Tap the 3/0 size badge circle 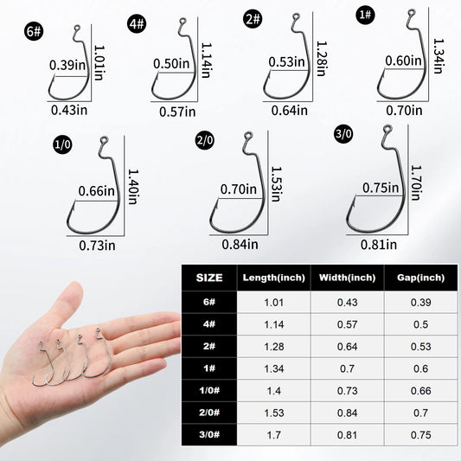pyautogui.click(x=343, y=134)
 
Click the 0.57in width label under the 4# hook pyautogui.click(x=177, y=111)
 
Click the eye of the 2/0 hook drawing pyautogui.click(x=247, y=135)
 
